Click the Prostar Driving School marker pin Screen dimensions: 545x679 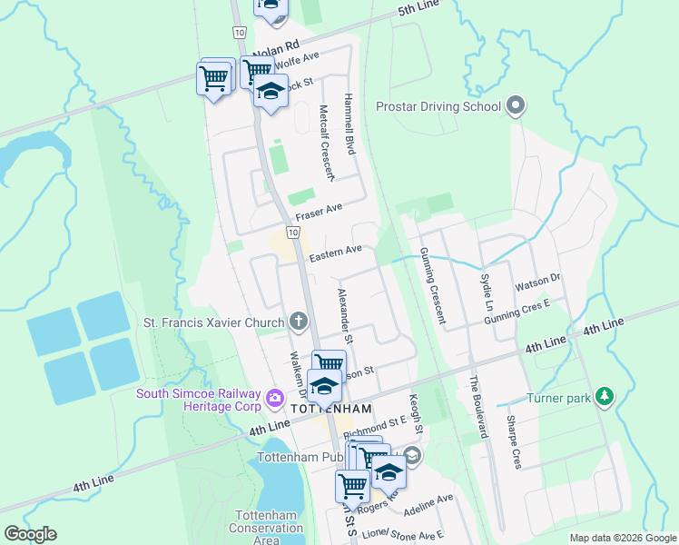[x=516, y=107]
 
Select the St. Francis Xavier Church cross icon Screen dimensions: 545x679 [x=299, y=322]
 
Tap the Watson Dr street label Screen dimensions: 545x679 [x=539, y=284]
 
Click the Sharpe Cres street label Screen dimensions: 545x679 [x=513, y=442]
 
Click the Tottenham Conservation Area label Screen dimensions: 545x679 [x=253, y=528]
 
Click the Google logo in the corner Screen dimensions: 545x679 [x=30, y=534]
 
